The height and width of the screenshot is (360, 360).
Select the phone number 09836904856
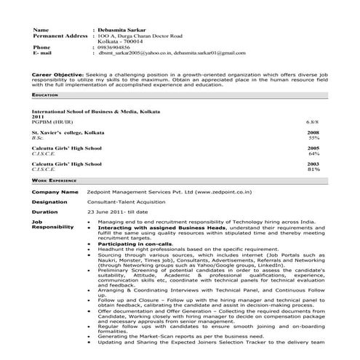tap(116, 47)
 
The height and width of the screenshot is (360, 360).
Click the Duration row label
tap(44, 212)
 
